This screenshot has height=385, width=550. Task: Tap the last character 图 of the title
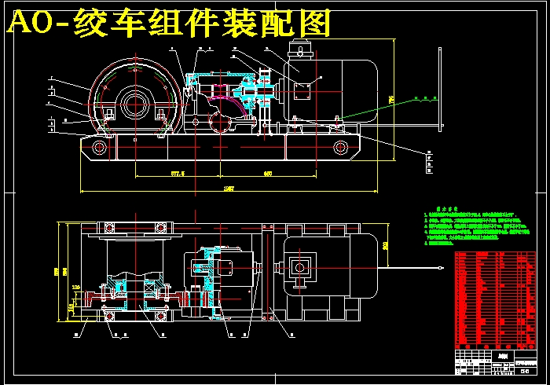(x=314, y=25)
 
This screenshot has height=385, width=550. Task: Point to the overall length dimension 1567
(x=229, y=189)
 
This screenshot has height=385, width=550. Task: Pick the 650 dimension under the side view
(x=267, y=172)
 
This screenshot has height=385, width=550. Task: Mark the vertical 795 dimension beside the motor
(x=390, y=99)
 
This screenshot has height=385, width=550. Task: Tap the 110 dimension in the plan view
(x=76, y=287)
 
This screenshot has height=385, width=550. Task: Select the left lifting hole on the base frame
(x=101, y=147)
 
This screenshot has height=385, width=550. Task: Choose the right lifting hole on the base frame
(x=340, y=147)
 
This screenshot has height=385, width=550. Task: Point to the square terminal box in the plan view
(x=300, y=267)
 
